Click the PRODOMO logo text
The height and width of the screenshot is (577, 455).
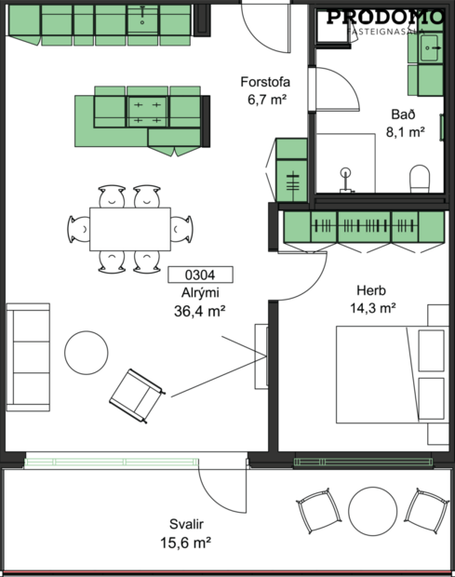click(385, 17)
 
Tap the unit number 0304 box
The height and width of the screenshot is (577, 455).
click(200, 275)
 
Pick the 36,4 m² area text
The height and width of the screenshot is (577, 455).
click(200, 312)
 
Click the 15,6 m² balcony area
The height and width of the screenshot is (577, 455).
click(184, 541)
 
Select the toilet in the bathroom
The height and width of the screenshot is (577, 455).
click(421, 177)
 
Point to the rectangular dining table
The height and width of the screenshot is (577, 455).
click(130, 228)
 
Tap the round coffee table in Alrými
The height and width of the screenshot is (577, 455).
click(87, 354)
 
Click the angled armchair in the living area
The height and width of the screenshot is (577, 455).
click(136, 391)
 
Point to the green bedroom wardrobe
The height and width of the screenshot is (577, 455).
click(363, 226)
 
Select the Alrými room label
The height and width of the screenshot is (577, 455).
click(200, 294)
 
